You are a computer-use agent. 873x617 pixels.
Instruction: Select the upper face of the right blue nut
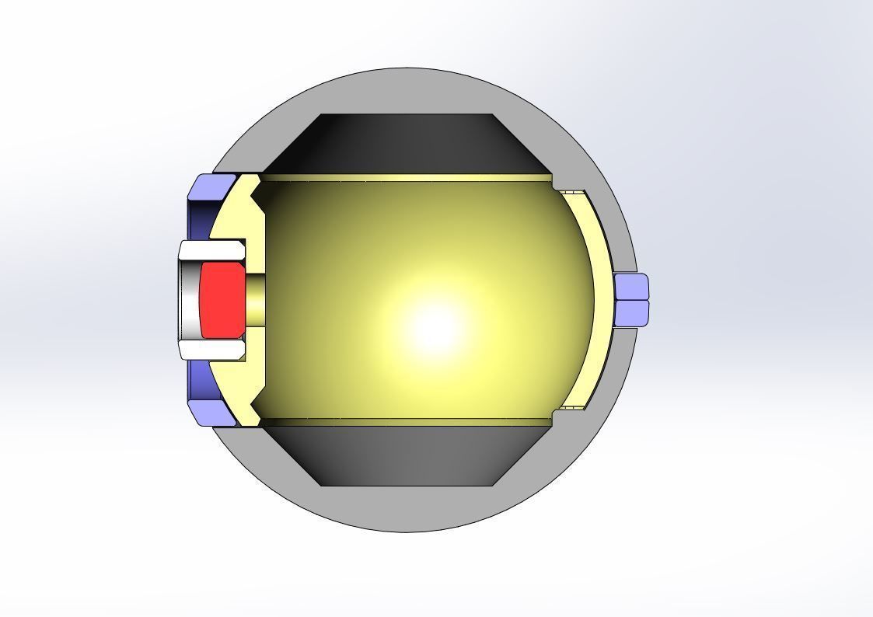[631, 287]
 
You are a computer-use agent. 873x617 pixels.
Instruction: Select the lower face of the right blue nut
[631, 312]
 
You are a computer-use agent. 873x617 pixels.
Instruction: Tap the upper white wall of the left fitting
[211, 250]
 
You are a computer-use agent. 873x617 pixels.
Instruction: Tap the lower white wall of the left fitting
[211, 350]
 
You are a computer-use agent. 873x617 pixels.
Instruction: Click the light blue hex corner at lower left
[211, 413]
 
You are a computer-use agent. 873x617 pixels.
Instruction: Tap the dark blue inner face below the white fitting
[199, 380]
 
